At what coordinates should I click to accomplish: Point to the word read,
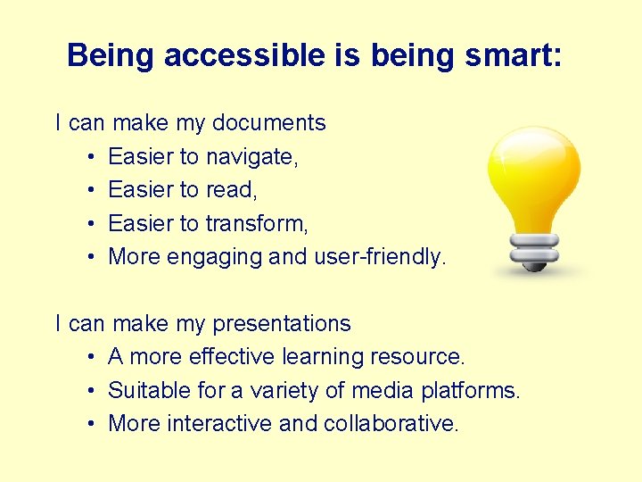tap(231, 190)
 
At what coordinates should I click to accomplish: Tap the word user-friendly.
tap(381, 257)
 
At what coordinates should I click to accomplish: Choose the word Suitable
tap(139, 390)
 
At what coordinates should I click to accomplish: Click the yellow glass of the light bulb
tap(533, 175)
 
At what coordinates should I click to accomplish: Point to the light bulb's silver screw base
tap(532, 251)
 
